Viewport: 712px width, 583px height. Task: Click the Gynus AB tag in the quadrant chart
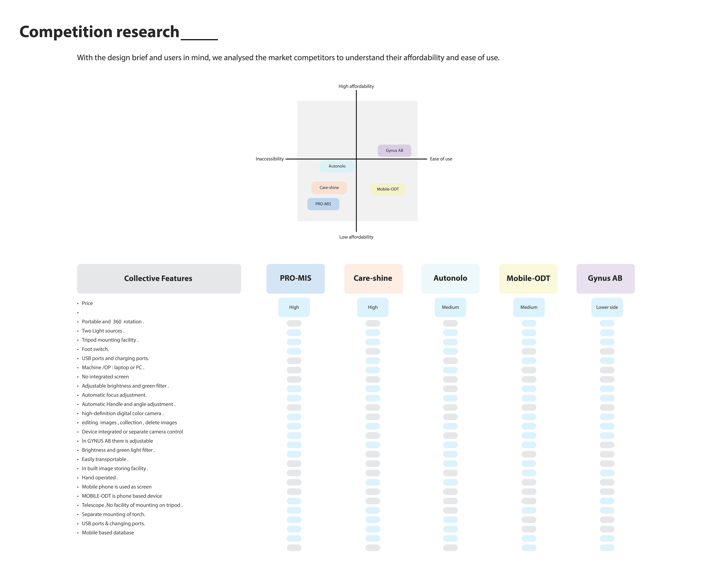coord(394,150)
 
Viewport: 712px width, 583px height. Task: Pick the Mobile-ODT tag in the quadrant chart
coord(388,189)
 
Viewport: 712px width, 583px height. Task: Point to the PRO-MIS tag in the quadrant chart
coord(323,204)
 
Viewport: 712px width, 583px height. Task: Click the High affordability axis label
coord(356,86)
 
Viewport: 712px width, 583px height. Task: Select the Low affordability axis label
coord(356,237)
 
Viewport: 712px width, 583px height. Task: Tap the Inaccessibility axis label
coord(269,159)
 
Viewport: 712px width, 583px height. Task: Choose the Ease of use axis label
coord(441,159)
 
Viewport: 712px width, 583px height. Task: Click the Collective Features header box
coord(159,278)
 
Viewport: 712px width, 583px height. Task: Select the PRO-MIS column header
coord(295,278)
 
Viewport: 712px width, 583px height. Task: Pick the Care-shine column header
coord(373,278)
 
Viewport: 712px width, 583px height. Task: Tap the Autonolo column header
coord(450,278)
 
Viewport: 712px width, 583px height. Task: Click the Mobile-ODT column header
coord(528,278)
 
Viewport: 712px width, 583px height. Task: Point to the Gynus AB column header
coord(605,278)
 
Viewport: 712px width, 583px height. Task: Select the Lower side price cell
coord(607,307)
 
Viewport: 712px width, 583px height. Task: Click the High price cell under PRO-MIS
coord(294,307)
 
